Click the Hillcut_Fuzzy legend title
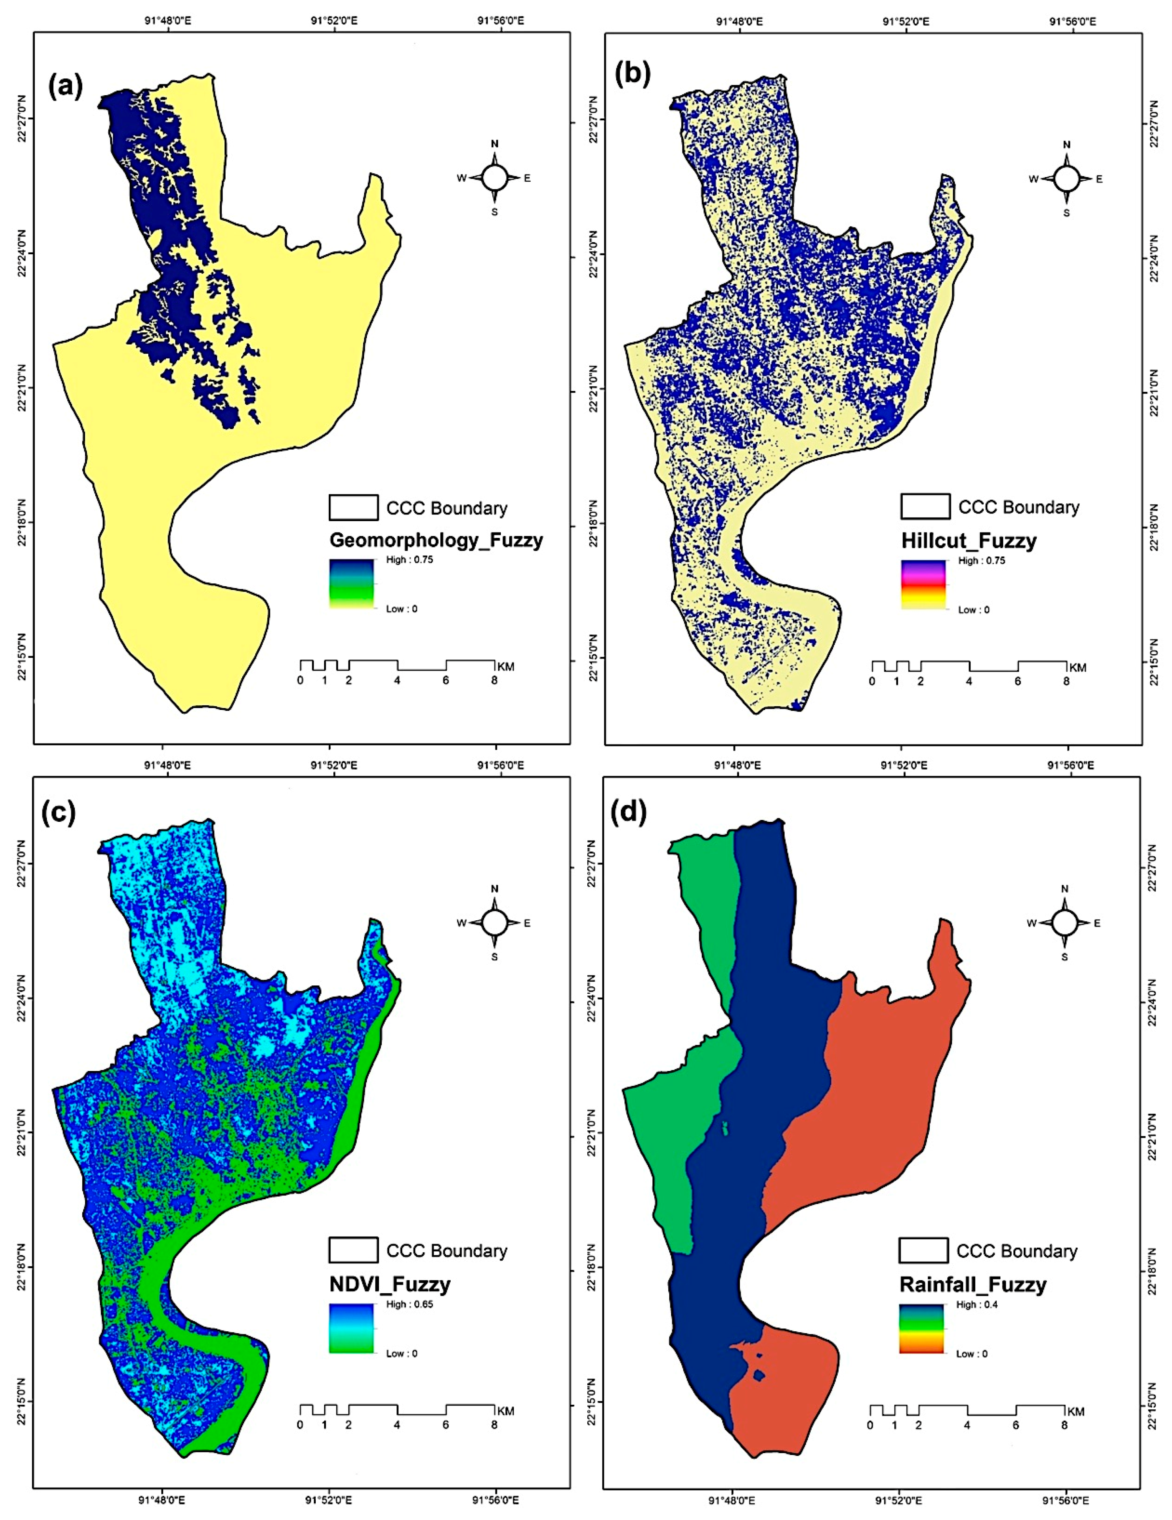tap(968, 541)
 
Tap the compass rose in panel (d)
tap(1064, 923)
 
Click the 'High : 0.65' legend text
tap(409, 1304)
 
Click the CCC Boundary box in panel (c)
tap(353, 1251)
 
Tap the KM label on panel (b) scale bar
tap(1077, 667)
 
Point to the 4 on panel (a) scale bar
tap(397, 680)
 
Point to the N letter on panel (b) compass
tap(1066, 145)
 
